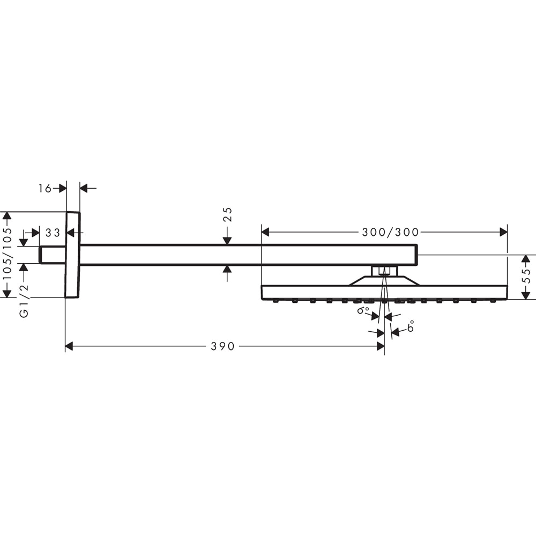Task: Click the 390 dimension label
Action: pyautogui.click(x=222, y=346)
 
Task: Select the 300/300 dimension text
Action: pyautogui.click(x=390, y=232)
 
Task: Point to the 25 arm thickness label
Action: pyautogui.click(x=227, y=214)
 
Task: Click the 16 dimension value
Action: pyautogui.click(x=45, y=188)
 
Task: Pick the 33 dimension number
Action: pyautogui.click(x=53, y=233)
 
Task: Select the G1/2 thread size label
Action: pyautogui.click(x=24, y=301)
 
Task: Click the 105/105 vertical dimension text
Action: pyautogui.click(x=7, y=255)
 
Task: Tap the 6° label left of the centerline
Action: pyautogui.click(x=363, y=310)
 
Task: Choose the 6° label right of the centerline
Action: pyautogui.click(x=411, y=326)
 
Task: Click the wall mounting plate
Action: pyautogui.click(x=72, y=255)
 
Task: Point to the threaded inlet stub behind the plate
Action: pyautogui.click(x=52, y=255)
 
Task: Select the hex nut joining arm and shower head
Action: pyautogui.click(x=384, y=270)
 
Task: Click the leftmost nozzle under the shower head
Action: pyautogui.click(x=275, y=301)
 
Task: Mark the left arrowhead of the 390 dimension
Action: pyautogui.click(x=69, y=346)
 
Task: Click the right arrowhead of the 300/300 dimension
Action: pyautogui.click(x=503, y=232)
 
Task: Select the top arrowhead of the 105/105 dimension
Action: pyautogui.click(x=7, y=216)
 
